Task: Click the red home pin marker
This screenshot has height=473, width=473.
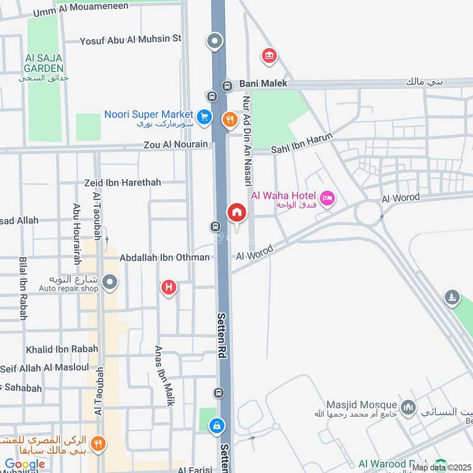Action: click(237, 212)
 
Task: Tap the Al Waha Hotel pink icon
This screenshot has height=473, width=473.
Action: click(327, 197)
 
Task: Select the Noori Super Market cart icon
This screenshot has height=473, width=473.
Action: click(205, 116)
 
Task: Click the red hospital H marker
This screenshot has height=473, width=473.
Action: click(169, 288)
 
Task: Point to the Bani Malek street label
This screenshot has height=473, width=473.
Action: click(264, 84)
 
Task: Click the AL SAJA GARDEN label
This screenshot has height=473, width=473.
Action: click(44, 63)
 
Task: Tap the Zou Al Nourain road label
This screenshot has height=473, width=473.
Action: click(176, 144)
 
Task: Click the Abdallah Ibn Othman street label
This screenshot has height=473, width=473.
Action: click(164, 257)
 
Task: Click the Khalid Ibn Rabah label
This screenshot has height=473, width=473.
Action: click(62, 349)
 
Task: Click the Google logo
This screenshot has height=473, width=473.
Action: click(25, 464)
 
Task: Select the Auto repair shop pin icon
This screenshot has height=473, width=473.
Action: click(109, 282)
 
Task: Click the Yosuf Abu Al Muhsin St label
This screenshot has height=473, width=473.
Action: click(131, 39)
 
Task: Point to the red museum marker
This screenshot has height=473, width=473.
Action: click(269, 56)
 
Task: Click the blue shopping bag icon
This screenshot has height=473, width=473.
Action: click(218, 425)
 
